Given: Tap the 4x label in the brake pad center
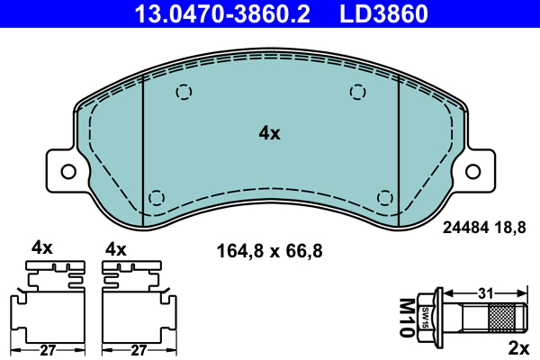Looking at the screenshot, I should pyautogui.click(x=269, y=133).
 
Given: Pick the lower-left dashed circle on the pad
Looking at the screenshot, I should pyautogui.click(x=157, y=197).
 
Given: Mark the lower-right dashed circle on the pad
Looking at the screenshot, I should pyautogui.click(x=384, y=197).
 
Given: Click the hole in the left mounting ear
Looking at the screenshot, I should pyautogui.click(x=67, y=169).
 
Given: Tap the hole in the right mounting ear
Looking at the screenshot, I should pyautogui.click(x=473, y=169).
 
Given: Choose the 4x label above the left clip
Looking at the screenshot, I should pyautogui.click(x=42, y=247).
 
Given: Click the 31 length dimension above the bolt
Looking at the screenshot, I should pyautogui.click(x=485, y=293).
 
